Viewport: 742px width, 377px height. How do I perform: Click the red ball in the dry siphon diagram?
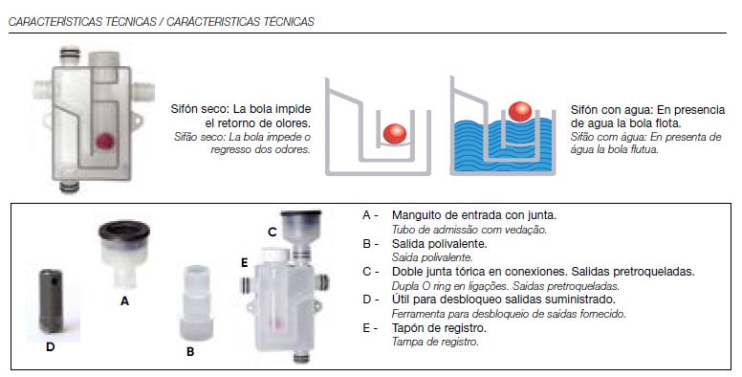pyautogui.click(x=395, y=134)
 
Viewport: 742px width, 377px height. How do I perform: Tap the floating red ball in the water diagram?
pyautogui.click(x=520, y=112)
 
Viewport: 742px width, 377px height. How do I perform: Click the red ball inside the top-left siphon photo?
pyautogui.click(x=104, y=141)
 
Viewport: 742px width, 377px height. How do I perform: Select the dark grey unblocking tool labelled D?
pyautogui.click(x=51, y=300)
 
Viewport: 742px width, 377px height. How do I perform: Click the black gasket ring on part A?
pyautogui.click(x=124, y=232)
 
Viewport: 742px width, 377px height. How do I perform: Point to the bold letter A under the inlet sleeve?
pyautogui.click(x=124, y=301)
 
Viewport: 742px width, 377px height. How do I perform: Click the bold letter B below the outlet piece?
pyautogui.click(x=190, y=352)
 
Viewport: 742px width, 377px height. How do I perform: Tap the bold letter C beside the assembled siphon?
pyautogui.click(x=273, y=233)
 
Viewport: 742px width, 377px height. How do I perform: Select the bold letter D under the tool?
pyautogui.click(x=50, y=347)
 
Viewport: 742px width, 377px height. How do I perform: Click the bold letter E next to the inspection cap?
pyautogui.click(x=244, y=262)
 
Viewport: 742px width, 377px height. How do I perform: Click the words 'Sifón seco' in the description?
pyautogui.click(x=199, y=109)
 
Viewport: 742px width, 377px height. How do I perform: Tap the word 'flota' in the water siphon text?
pyautogui.click(x=667, y=123)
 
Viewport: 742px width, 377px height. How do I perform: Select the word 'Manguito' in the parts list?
pyautogui.click(x=414, y=215)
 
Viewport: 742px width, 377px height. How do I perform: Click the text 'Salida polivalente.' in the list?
pyautogui.click(x=440, y=244)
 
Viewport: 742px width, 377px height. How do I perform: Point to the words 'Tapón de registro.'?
pyautogui.click(x=439, y=328)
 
